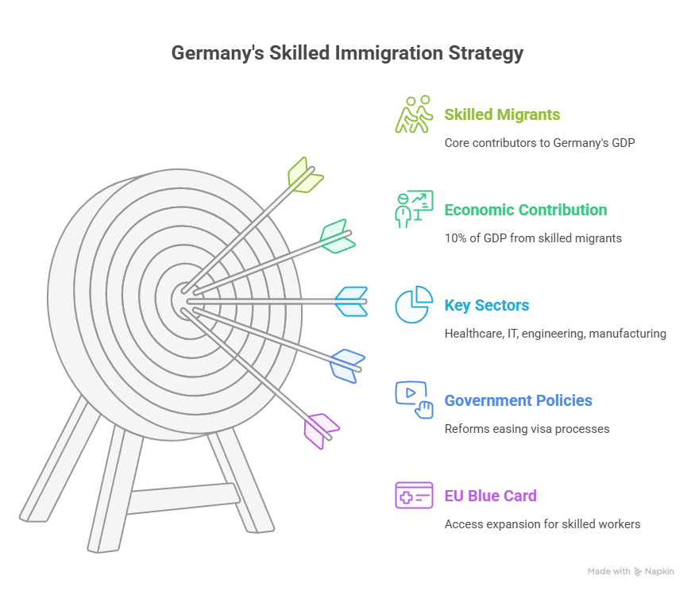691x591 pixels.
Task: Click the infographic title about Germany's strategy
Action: click(347, 54)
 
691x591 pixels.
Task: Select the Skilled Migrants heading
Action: click(502, 114)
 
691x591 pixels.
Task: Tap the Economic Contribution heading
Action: click(525, 210)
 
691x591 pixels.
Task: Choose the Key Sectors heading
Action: click(486, 305)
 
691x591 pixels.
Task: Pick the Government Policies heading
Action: click(518, 400)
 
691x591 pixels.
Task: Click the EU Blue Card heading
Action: click(490, 496)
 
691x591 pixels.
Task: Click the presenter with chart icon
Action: click(414, 209)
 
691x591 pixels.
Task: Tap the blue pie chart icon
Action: click(414, 304)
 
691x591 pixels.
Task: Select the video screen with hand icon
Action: click(414, 400)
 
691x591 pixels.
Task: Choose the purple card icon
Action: click(414, 495)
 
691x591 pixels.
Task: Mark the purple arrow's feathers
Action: click(321, 429)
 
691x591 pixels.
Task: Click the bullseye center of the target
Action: click(187, 298)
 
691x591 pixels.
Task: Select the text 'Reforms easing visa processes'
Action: click(527, 429)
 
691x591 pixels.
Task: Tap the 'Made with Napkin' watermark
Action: click(631, 571)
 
